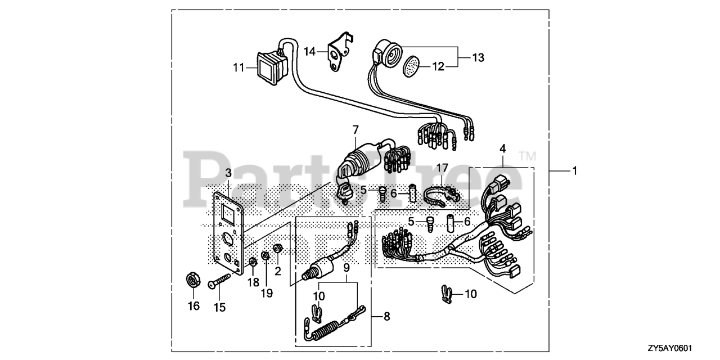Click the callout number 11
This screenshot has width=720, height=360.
click(x=239, y=67)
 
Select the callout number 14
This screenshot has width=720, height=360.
click(x=310, y=52)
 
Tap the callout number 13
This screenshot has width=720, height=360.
click(x=478, y=57)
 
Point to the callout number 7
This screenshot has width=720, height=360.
click(x=355, y=130)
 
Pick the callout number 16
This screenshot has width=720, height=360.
click(x=193, y=306)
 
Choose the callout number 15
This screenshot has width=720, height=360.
click(x=219, y=307)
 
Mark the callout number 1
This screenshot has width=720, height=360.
click(x=574, y=170)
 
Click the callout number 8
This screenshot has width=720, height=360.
click(x=386, y=317)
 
